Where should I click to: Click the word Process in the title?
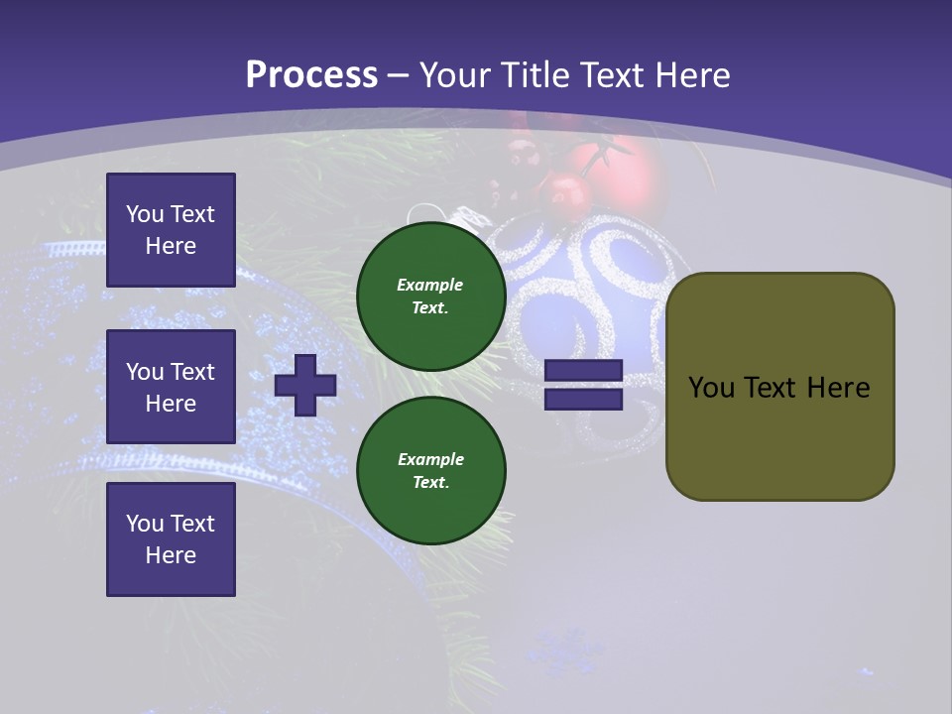(x=311, y=75)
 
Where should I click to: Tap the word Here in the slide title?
(x=691, y=75)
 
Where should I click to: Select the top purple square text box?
(x=171, y=230)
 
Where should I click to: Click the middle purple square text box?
(x=171, y=387)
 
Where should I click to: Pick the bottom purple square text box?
(x=171, y=539)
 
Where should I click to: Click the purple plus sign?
(x=305, y=385)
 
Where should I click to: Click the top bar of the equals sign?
(x=584, y=371)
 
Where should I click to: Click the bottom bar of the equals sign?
(x=584, y=399)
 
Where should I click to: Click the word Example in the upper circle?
(x=429, y=286)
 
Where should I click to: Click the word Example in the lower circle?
(x=430, y=460)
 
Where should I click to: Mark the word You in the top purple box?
(x=144, y=215)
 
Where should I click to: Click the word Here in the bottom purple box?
(x=171, y=555)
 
